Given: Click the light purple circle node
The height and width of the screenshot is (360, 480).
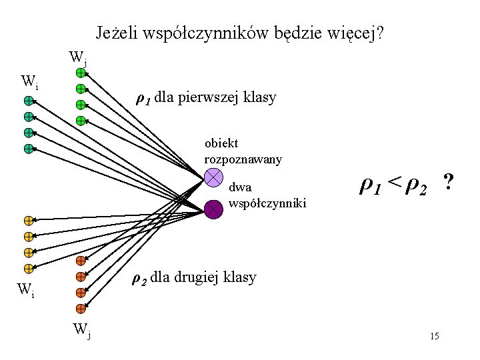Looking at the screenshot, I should tap(213, 177).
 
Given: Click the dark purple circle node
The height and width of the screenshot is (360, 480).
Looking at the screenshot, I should tap(213, 209).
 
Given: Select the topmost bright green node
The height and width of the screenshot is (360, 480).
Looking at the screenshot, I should tap(80, 72).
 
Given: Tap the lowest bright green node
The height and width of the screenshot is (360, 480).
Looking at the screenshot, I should tap(80, 121).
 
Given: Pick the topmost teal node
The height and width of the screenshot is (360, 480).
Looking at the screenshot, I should tap(29, 101).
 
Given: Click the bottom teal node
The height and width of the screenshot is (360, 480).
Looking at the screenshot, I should tap(29, 149).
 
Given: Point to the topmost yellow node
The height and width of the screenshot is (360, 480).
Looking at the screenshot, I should tap(29, 220).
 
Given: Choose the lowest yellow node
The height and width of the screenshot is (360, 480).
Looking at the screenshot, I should tap(29, 269).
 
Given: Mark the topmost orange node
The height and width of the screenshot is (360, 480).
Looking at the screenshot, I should tap(80, 260).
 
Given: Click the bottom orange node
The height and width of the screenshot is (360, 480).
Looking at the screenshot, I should tap(80, 309).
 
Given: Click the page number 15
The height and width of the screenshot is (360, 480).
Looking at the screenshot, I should tap(434, 336).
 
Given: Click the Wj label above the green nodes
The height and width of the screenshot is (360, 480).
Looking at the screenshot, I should tap(77, 57).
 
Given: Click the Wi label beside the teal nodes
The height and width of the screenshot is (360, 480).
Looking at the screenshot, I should tap(29, 82).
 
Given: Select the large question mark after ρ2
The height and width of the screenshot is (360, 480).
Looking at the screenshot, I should tap(449, 181).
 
